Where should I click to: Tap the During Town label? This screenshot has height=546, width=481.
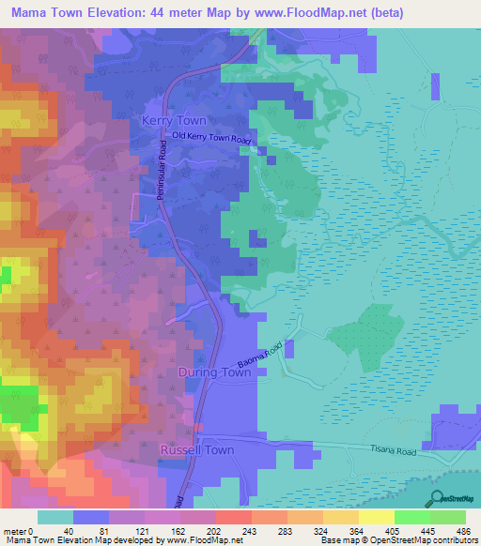214,372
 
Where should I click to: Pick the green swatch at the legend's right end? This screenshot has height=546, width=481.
448,517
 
